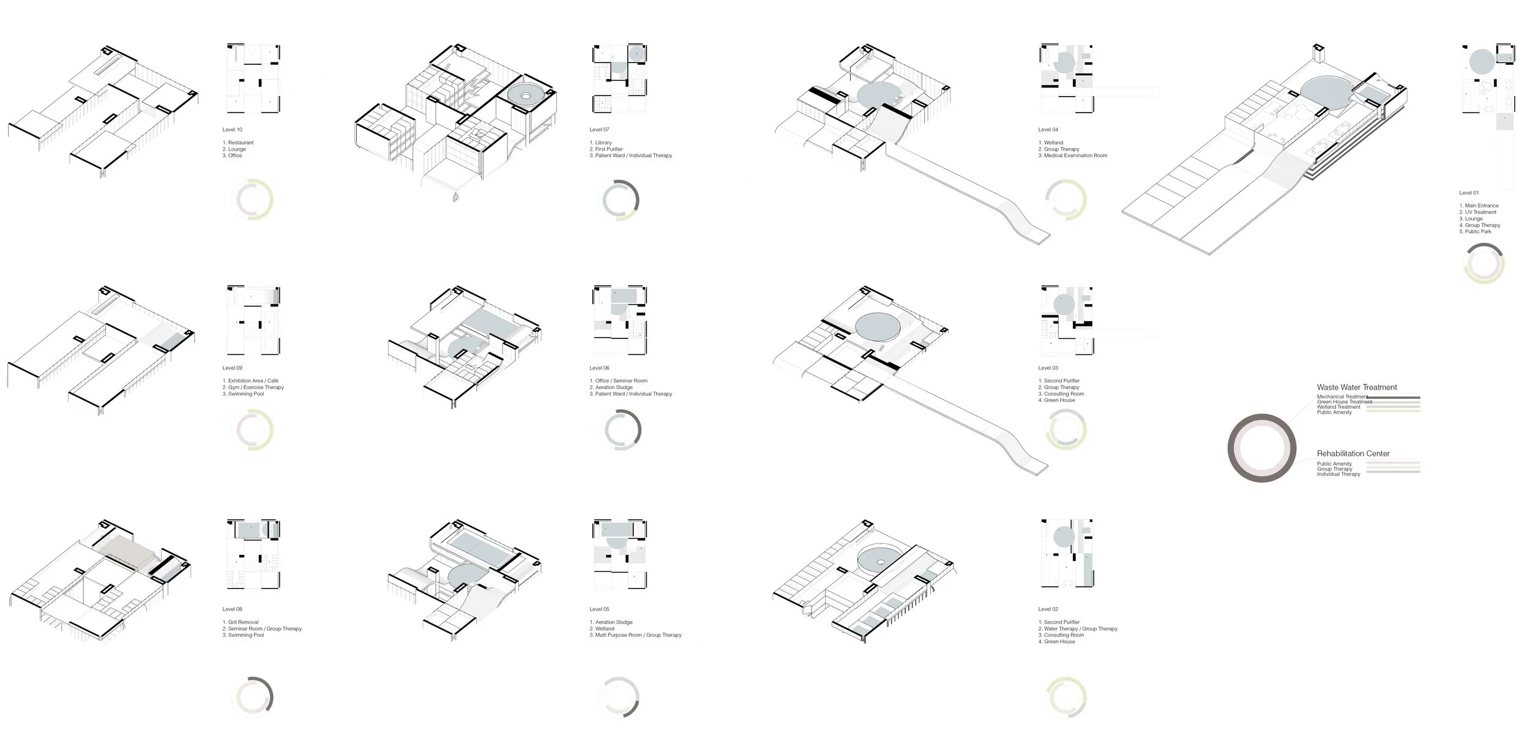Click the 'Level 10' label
[x=232, y=130]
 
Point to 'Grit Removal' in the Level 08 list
[x=243, y=622]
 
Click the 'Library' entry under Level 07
[x=603, y=143]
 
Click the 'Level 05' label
[x=599, y=609]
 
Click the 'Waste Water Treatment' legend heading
[x=1356, y=387]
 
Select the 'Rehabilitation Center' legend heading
[x=1353, y=453]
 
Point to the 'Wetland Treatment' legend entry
[x=1338, y=407]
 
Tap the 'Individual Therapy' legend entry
[x=1338, y=474]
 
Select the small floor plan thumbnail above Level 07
[x=619, y=78]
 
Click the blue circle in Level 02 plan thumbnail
[x=1064, y=537]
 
